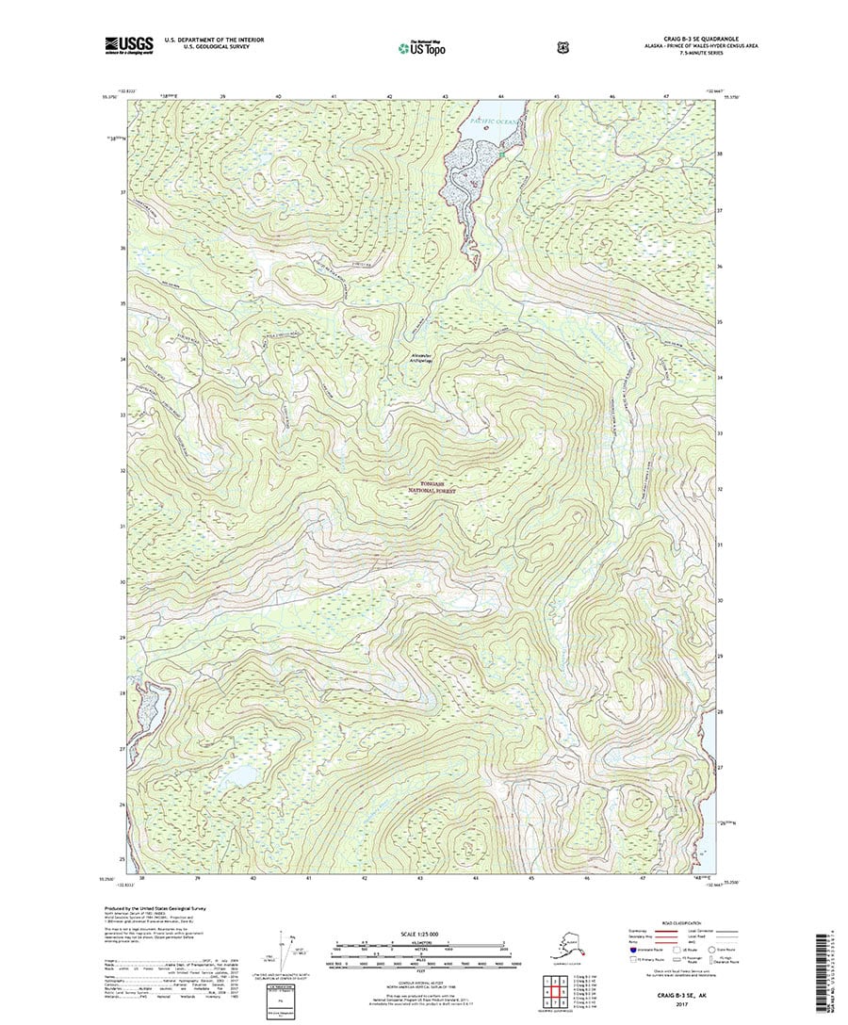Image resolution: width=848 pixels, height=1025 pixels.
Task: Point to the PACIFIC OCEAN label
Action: [x=490, y=122]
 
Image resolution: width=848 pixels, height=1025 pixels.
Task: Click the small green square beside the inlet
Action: [x=502, y=153]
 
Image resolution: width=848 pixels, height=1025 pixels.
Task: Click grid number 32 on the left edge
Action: [x=122, y=470]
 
